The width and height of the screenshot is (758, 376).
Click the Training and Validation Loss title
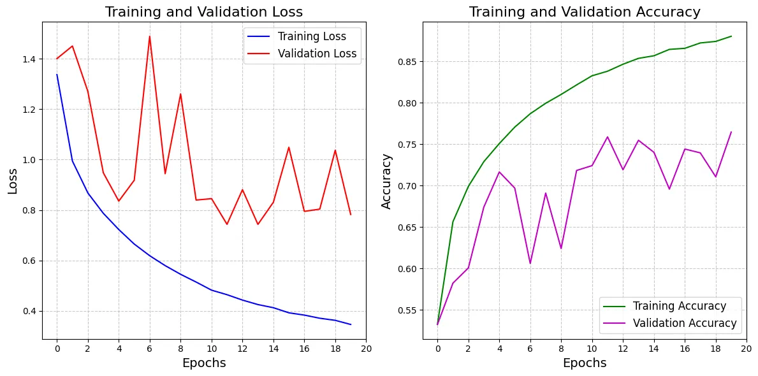(203, 12)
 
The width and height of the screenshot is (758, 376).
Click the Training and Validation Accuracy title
(585, 12)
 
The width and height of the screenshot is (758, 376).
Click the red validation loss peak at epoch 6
(149, 36)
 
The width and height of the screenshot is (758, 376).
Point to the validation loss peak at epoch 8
(180, 94)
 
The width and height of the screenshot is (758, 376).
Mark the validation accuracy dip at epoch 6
(530, 263)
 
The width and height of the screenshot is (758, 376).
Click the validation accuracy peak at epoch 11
(608, 137)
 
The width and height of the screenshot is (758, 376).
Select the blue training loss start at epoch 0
(57, 75)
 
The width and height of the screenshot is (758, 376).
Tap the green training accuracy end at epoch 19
(731, 36)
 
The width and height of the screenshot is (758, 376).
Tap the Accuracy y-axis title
(386, 180)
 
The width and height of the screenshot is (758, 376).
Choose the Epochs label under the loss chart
(203, 363)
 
